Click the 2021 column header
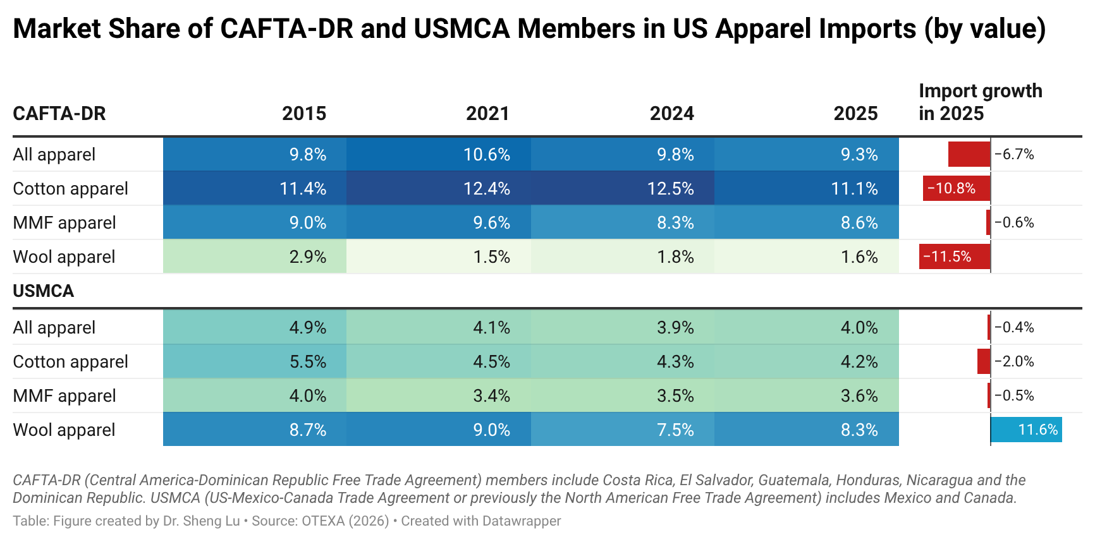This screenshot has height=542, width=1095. pos(487,114)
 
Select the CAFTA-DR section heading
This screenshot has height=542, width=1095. pos(59,114)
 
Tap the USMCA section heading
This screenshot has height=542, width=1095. pos(44,291)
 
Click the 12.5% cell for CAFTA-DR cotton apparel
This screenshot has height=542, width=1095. pos(670,189)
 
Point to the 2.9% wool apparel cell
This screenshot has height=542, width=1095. pos(307,257)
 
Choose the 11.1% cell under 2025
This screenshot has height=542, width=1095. pos(854,189)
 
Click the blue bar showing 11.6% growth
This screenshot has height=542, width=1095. pos(1026,430)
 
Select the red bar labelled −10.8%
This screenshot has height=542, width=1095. pos(956,189)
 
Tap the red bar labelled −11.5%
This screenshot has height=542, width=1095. pos(954,257)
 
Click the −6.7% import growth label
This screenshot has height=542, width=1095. pos(1014,155)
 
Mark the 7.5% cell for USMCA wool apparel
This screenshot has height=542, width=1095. pos(675,430)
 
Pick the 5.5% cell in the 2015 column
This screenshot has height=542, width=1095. pos(307,362)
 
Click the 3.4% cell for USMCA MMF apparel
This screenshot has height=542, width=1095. pos(491,396)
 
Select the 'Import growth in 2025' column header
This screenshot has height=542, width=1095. pos(980,102)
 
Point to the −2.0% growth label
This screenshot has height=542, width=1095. pos(1014,362)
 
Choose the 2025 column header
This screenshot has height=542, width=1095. pos(855,114)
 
